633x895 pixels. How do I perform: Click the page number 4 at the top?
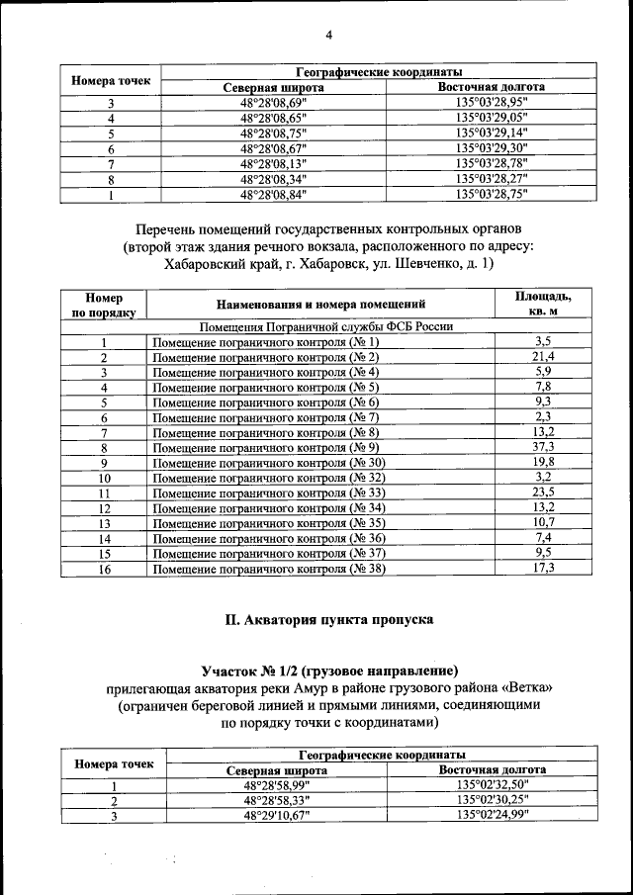328,37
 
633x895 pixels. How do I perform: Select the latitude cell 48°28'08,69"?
274,102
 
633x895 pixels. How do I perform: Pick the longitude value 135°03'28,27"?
492,179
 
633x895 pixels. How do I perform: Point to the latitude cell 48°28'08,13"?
274,163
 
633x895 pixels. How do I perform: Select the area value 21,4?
543,356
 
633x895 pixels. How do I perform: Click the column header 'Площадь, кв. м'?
543,304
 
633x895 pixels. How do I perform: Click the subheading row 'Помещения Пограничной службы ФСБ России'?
327,325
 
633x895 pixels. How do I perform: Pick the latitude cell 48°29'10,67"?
276,815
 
